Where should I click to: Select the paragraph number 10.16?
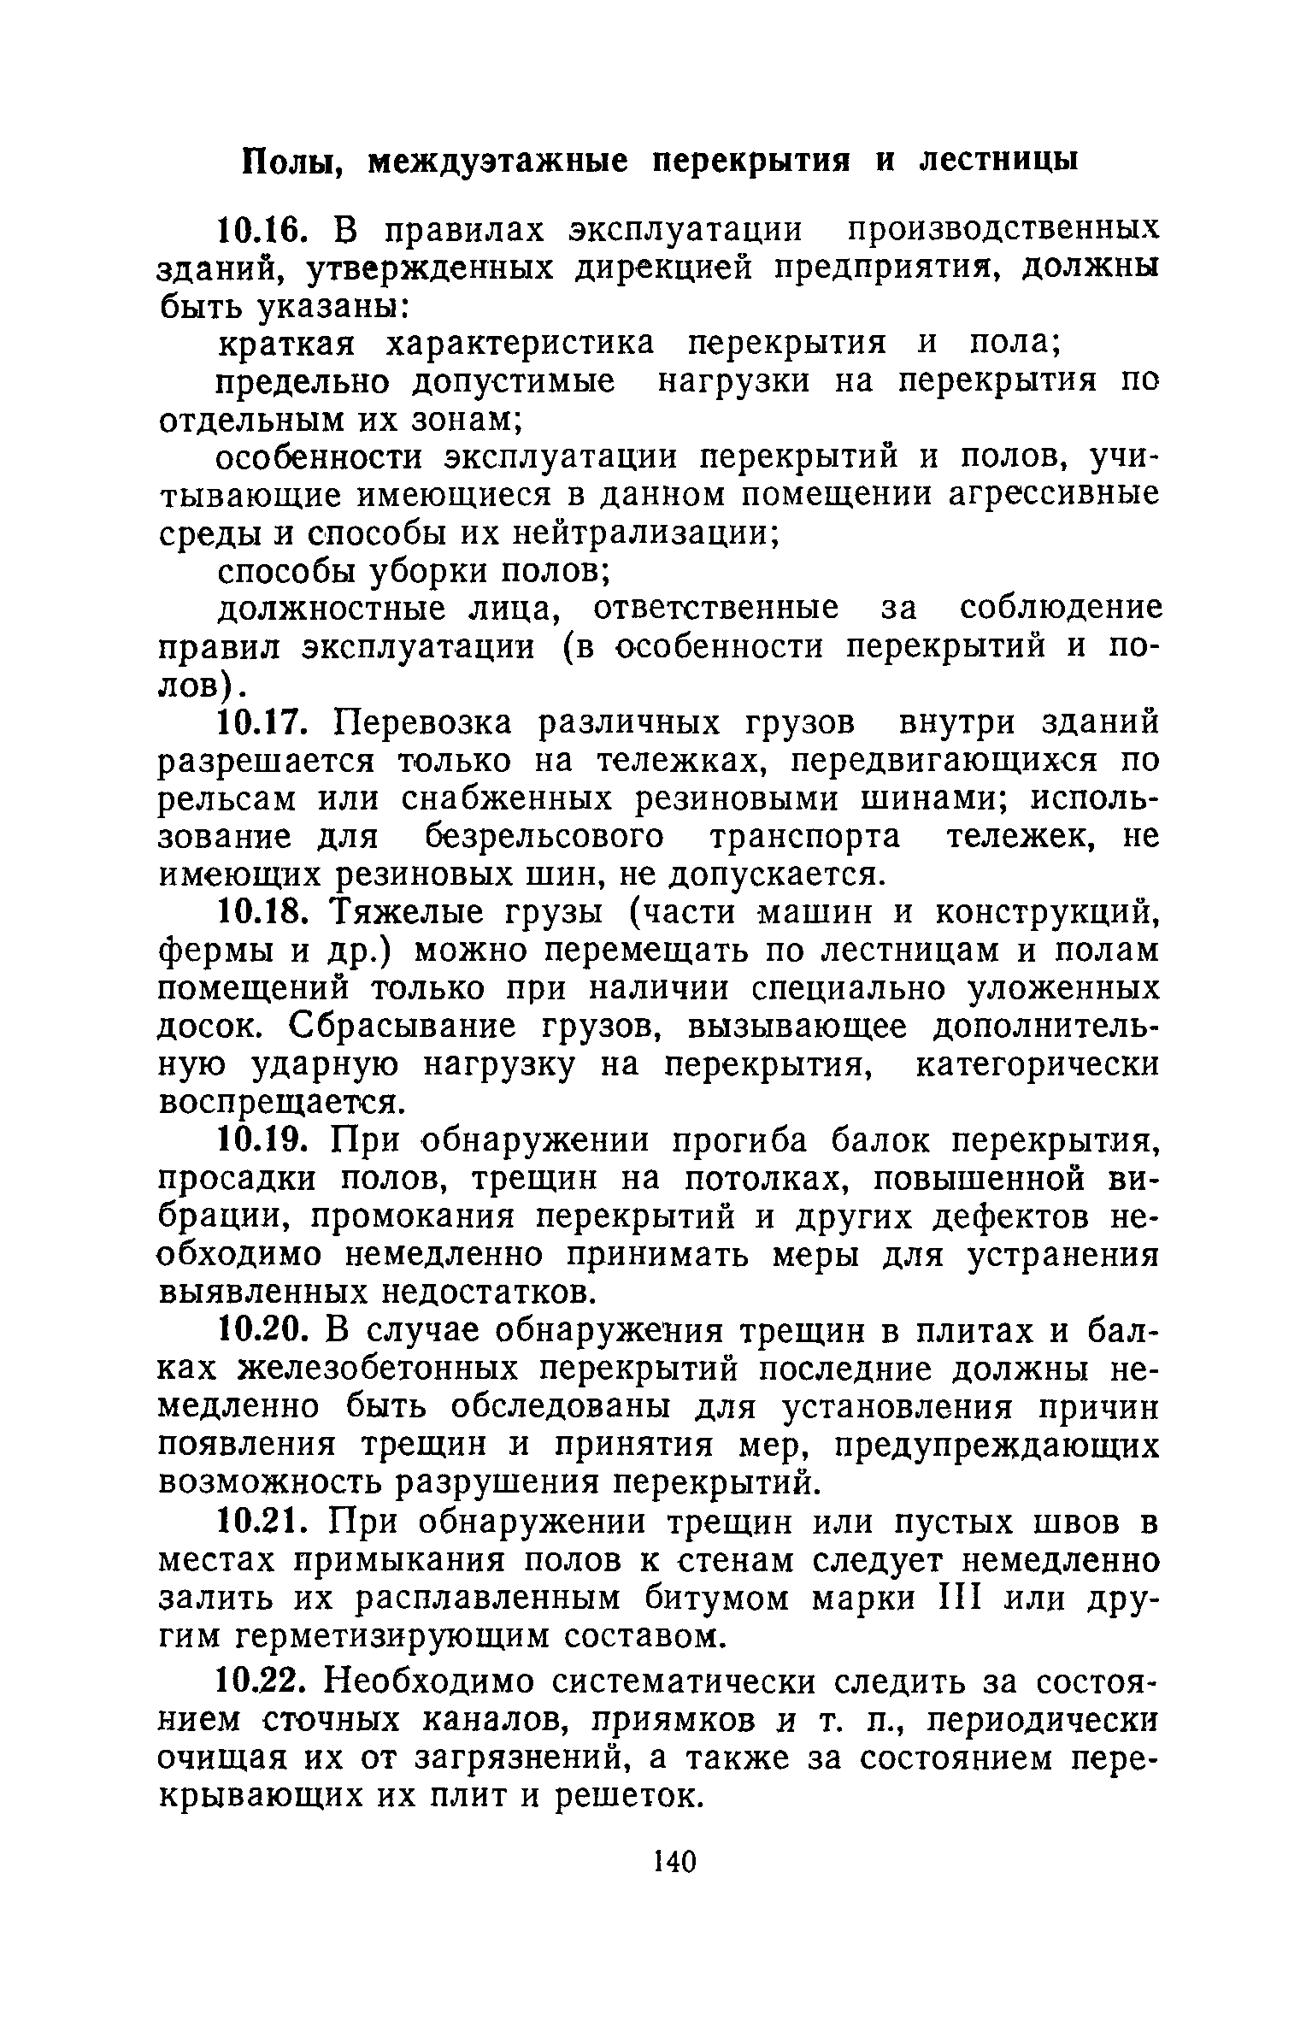[258, 231]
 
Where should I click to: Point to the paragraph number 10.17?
[258, 723]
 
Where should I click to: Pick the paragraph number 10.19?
[258, 1140]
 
